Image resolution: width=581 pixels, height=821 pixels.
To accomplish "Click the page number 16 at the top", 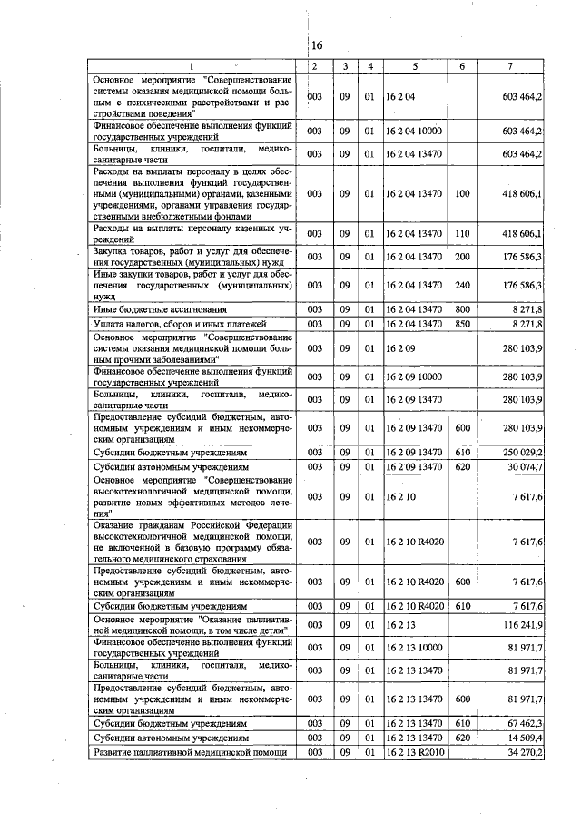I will coord(317,45).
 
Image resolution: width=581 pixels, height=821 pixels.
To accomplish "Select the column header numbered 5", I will coord(415,66).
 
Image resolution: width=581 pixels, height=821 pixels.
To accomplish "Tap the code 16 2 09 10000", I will coord(413,376).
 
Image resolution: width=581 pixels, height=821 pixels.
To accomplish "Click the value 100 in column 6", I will coord(462,194).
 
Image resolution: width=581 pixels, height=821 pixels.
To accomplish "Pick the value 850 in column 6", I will coord(462,324).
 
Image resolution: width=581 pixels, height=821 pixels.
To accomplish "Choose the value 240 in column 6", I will coord(462,284).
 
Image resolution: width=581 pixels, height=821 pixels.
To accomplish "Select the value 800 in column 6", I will coord(462,309).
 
